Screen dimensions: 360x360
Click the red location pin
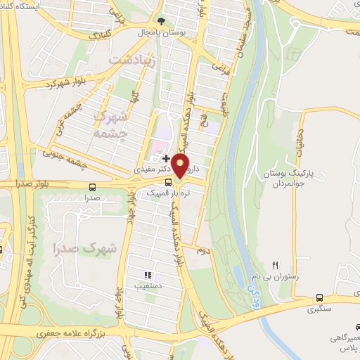click(181, 166)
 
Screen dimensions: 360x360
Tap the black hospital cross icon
click(166, 159)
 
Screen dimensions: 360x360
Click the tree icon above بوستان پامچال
click(162, 21)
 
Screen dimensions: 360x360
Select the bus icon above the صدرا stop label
click(93, 188)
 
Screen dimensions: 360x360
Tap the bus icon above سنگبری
click(320, 297)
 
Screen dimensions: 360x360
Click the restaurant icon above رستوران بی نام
click(276, 265)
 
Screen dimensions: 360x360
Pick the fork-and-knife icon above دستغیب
click(148, 275)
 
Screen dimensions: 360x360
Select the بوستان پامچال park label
click(163, 32)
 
